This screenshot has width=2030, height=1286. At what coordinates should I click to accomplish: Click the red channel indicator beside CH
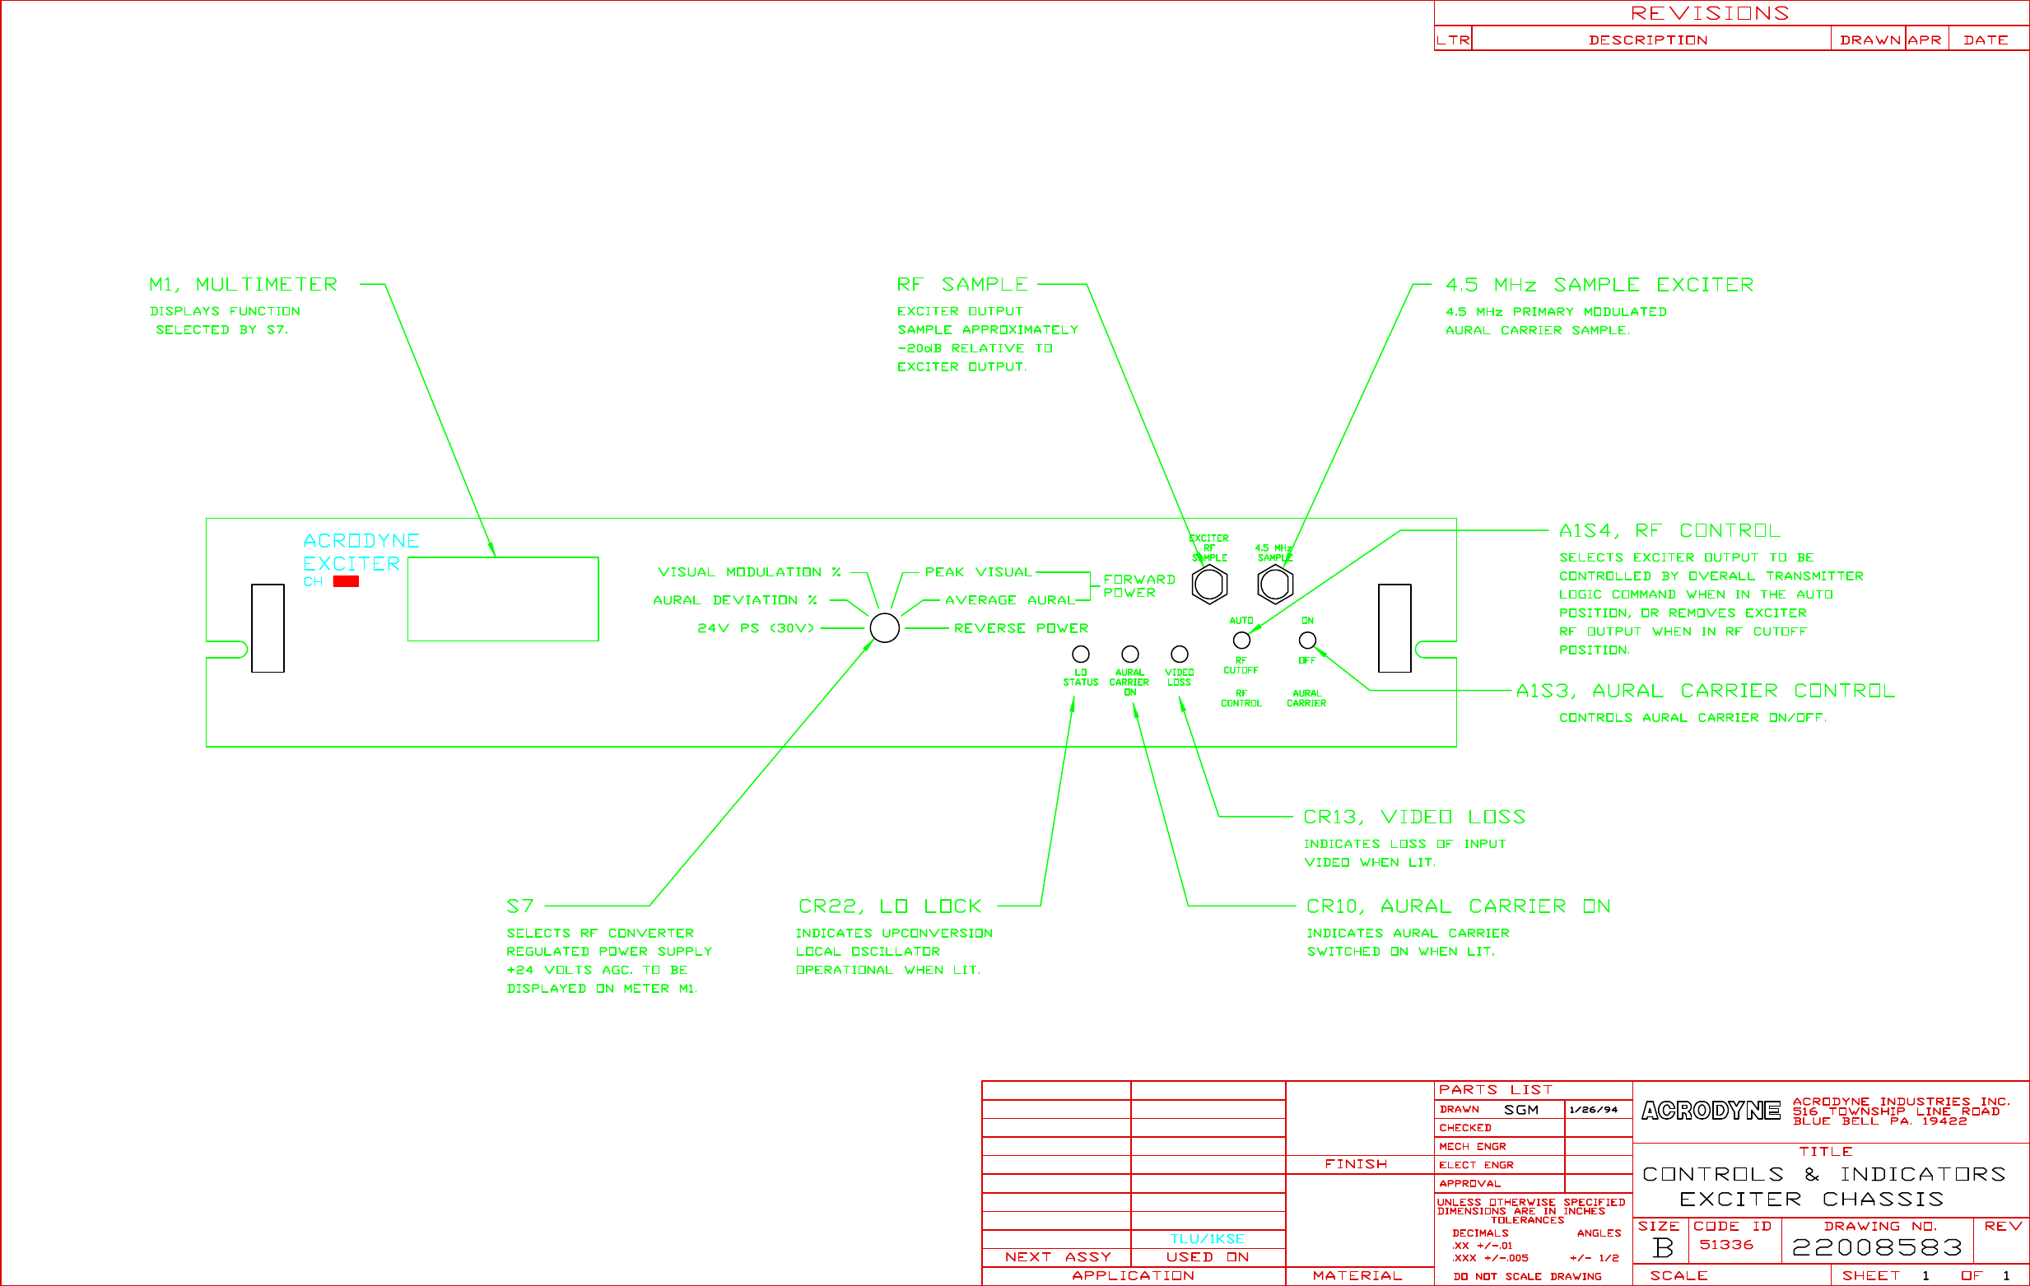346,581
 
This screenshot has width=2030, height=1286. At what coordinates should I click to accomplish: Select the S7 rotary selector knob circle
884,628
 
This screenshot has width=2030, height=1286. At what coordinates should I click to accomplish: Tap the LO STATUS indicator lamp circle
1080,654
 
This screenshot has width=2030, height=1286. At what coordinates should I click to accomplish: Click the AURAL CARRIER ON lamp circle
1129,654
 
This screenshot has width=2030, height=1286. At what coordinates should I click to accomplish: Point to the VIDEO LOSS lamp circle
1180,654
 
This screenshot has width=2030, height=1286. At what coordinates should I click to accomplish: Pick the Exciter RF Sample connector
1209,585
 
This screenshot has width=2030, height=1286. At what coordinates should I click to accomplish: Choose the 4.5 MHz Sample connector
1274,585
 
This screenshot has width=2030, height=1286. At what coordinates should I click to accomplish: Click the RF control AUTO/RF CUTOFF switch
1241,640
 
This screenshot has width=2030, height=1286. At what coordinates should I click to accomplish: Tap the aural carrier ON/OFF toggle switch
1306,640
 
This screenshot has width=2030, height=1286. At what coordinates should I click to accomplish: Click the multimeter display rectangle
502,599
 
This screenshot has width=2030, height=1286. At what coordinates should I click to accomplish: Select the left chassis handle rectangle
268,628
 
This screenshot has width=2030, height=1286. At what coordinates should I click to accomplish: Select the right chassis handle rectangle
1394,628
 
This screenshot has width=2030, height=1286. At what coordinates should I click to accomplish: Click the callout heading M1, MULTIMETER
243,285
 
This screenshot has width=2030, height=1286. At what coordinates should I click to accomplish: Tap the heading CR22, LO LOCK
889,906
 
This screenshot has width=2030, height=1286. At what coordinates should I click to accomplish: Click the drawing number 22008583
1877,1247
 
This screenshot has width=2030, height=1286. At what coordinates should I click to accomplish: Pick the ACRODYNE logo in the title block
1711,1111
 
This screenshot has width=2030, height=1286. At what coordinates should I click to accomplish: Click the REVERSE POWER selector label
1020,628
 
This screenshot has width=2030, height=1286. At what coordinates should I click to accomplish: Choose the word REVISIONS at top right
1710,13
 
